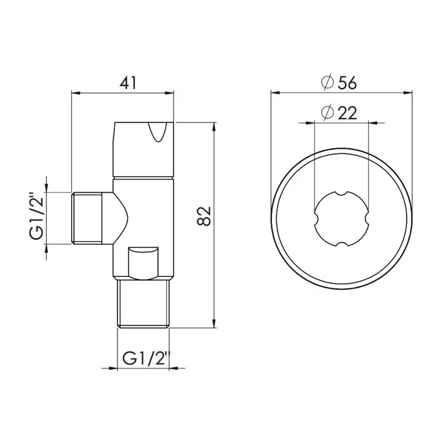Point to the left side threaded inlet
pyautogui.click(x=87, y=218)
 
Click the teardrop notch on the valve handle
pyautogui.click(x=158, y=133)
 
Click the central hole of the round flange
pyautogui.click(x=342, y=218)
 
